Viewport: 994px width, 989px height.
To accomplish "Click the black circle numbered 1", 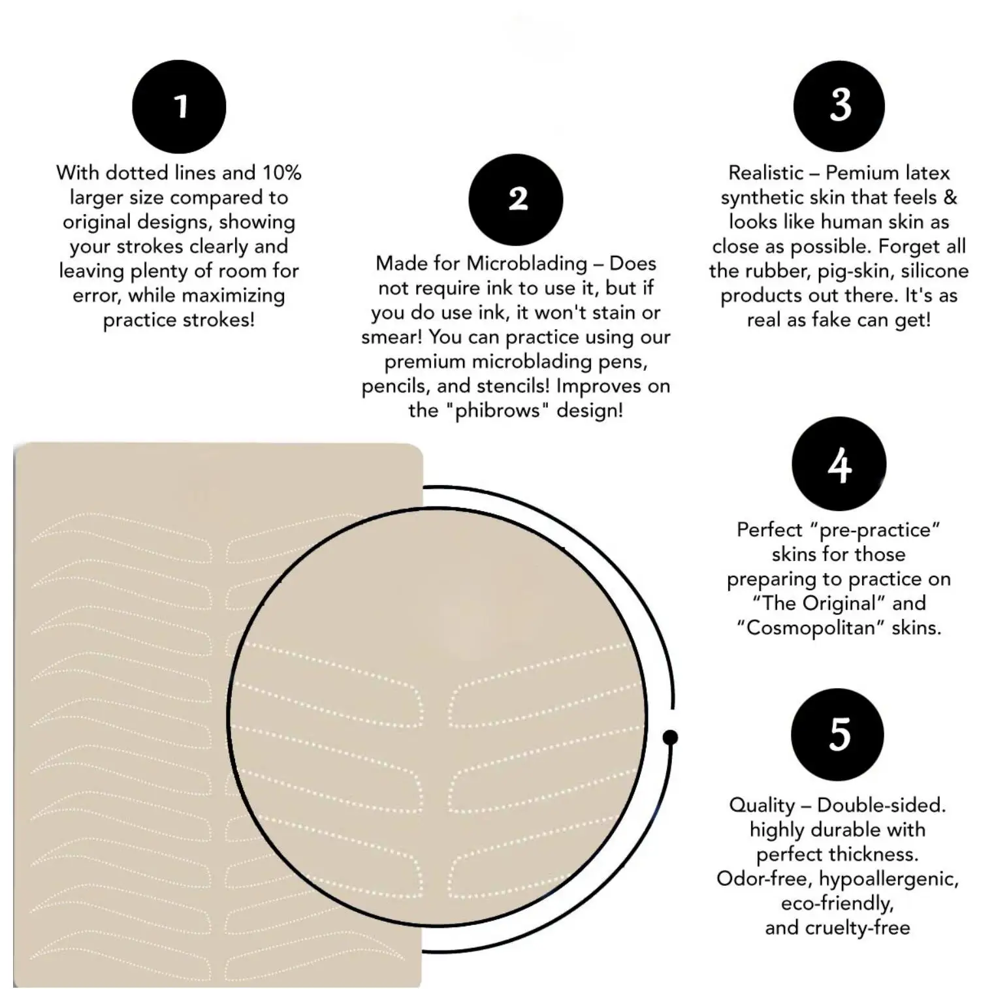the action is point(179,106).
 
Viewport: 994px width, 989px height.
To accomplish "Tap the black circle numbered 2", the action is point(516,200).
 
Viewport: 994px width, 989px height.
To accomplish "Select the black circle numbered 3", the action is point(839,106).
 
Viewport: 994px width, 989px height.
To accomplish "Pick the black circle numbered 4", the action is point(839,463).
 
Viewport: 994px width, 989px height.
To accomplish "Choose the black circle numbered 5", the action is point(837,734).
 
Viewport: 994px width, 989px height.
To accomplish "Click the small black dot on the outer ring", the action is point(670,738).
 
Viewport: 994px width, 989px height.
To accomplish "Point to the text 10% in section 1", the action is point(282,173).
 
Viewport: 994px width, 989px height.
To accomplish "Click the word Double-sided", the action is point(881,805).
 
